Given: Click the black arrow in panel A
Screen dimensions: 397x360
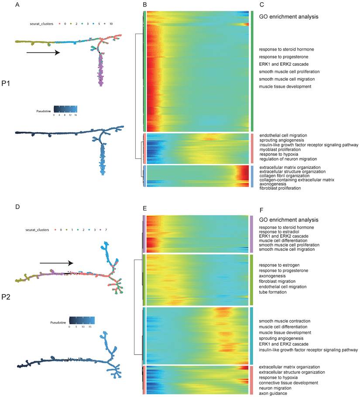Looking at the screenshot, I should point(43,53).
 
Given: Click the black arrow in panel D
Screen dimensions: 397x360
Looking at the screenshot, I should point(56,263).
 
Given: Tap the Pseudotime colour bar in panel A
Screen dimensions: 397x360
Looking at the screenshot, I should point(65,109).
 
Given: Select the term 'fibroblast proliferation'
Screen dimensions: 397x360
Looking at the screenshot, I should point(280,188).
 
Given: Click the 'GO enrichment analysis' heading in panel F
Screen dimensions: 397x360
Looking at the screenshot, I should point(288,219).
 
